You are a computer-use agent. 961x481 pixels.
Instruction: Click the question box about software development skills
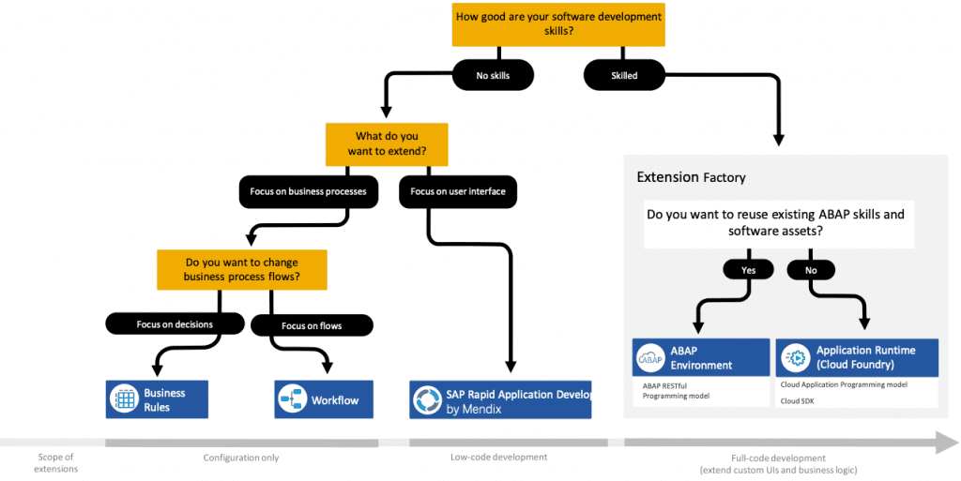click(x=558, y=23)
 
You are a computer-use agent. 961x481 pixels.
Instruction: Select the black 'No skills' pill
click(x=493, y=75)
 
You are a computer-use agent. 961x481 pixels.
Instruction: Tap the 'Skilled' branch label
click(x=624, y=75)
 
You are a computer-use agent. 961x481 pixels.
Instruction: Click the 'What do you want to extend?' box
click(x=387, y=143)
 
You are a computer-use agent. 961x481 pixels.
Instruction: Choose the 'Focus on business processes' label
click(x=308, y=191)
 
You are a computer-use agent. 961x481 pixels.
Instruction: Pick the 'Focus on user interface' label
click(x=458, y=191)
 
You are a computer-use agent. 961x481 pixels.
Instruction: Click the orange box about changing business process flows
click(x=241, y=269)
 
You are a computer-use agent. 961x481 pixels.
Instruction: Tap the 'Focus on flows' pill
click(x=312, y=325)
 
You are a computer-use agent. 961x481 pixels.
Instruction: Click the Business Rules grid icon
click(x=123, y=399)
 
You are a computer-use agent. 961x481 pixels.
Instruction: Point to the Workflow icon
click(x=292, y=399)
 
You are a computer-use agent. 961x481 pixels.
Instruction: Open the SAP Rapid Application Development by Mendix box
click(x=501, y=399)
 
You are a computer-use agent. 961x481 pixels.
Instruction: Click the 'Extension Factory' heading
click(x=691, y=177)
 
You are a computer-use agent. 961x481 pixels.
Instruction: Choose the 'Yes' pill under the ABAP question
click(x=748, y=270)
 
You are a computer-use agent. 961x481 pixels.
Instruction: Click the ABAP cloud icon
click(x=649, y=357)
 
